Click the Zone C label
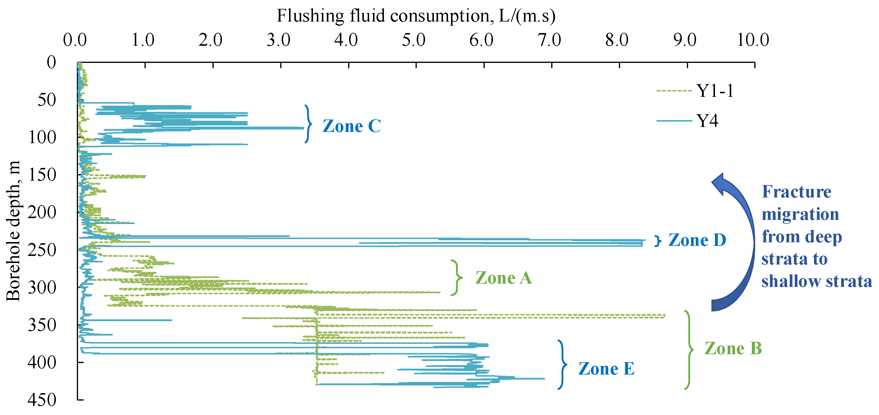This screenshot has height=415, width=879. [x=351, y=126]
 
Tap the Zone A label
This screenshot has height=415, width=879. [x=503, y=278]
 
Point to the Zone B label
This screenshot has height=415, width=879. [x=733, y=348]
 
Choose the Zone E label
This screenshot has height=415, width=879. [x=606, y=369]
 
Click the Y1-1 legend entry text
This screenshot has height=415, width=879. [x=715, y=91]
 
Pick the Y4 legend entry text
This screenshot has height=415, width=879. [x=707, y=121]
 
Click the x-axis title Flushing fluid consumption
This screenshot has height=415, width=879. [x=416, y=16]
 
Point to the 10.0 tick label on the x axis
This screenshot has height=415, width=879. [x=753, y=40]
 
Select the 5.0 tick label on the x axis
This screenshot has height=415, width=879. [x=413, y=40]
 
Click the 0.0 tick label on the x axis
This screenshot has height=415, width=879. [x=75, y=40]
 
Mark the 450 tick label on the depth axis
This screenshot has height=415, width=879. [x=42, y=400]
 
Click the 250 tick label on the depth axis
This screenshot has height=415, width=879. [x=42, y=250]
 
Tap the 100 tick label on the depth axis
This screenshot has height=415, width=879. [x=42, y=137]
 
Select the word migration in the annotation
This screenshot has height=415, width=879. [x=800, y=214]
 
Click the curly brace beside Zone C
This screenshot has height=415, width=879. [x=308, y=124]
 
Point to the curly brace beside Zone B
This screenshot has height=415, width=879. [x=689, y=349]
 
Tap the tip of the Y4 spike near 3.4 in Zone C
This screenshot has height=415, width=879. [x=303, y=128]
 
